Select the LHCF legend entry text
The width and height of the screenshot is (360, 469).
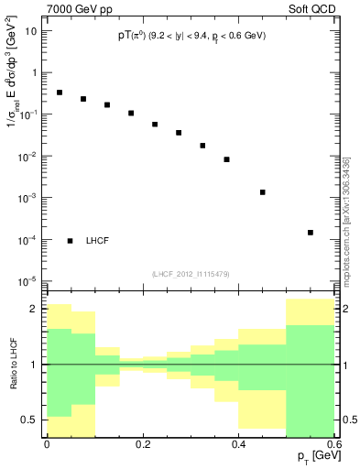pos(98,241)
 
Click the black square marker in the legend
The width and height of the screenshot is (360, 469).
pos(71,241)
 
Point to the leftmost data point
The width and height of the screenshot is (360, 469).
pos(60,93)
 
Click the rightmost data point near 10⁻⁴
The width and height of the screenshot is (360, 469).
pos(311,233)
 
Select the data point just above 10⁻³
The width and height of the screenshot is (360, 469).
pos(263,192)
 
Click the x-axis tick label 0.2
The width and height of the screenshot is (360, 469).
pos(142,444)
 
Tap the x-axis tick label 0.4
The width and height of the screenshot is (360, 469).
pos(238,444)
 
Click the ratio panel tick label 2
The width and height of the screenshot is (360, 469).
pos(34,310)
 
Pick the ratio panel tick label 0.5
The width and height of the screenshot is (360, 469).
pos(29,420)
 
